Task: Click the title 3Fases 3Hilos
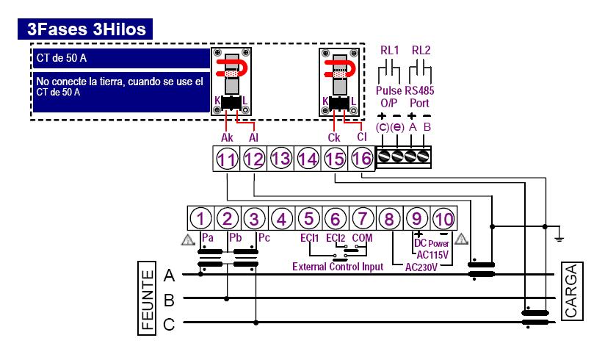coord(87,29)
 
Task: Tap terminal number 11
coord(227,159)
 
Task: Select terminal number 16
coord(361,159)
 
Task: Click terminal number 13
coord(280,159)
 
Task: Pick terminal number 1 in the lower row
coord(200,219)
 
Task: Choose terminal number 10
coord(444,219)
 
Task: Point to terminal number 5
coord(309,219)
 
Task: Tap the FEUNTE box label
coord(147,299)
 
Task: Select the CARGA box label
coord(572,291)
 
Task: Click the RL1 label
coord(390,50)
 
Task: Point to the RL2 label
coord(421,50)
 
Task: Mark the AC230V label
coord(421,267)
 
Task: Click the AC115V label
coord(432,255)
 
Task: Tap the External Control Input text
coord(338,267)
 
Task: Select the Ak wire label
coord(227,137)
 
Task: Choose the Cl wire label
coord(362,137)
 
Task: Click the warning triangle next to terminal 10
coord(461,239)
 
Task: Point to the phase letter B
coord(169,300)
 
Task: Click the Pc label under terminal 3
coord(264,238)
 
